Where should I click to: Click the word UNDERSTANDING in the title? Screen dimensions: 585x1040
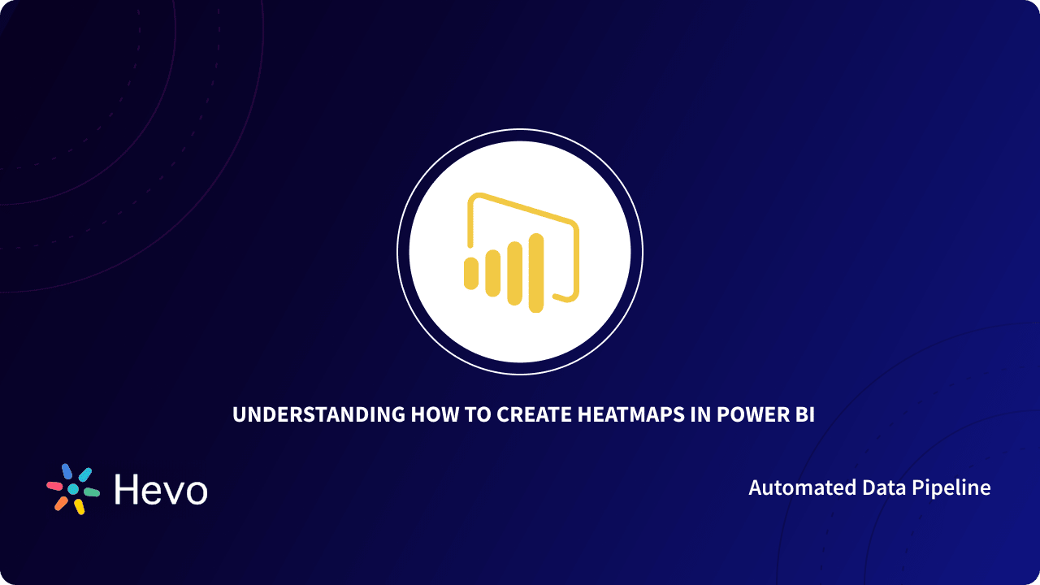point(319,414)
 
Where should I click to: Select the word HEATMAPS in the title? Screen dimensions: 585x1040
point(631,414)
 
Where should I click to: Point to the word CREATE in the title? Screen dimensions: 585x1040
point(535,414)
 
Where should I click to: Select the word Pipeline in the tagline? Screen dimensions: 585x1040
point(953,488)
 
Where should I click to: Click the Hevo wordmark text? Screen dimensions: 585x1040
point(161,490)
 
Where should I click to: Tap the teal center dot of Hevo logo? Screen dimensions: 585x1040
point(73,489)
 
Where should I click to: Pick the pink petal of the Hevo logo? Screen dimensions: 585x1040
point(54,486)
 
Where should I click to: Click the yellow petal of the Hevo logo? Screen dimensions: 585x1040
point(79,506)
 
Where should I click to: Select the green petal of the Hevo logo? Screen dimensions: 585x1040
point(92,492)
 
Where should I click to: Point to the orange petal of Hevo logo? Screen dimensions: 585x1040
point(61,503)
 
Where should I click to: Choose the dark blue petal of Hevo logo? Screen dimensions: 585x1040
point(67,471)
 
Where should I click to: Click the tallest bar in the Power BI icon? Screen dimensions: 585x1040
point(536,273)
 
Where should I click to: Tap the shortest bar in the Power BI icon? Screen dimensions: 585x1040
point(471,273)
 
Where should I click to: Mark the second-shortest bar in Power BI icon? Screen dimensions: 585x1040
point(492,273)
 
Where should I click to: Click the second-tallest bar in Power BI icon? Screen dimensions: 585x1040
point(514,273)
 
